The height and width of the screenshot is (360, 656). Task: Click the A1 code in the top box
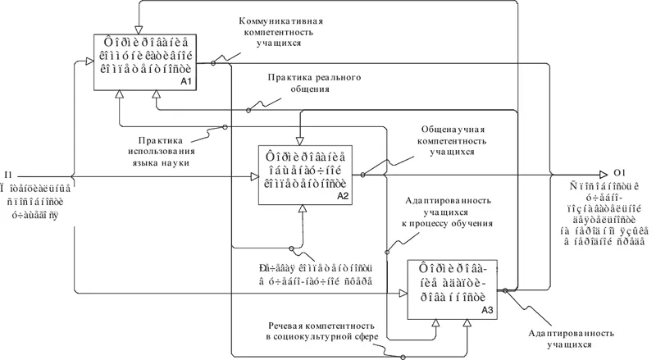[185, 83]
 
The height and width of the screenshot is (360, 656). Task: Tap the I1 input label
[8, 174]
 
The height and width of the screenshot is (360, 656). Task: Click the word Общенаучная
[447, 130]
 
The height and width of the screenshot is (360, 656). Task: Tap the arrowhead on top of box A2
[300, 139]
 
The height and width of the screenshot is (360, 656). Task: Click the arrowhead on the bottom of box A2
[302, 210]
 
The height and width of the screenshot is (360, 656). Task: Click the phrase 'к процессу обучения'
[446, 223]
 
